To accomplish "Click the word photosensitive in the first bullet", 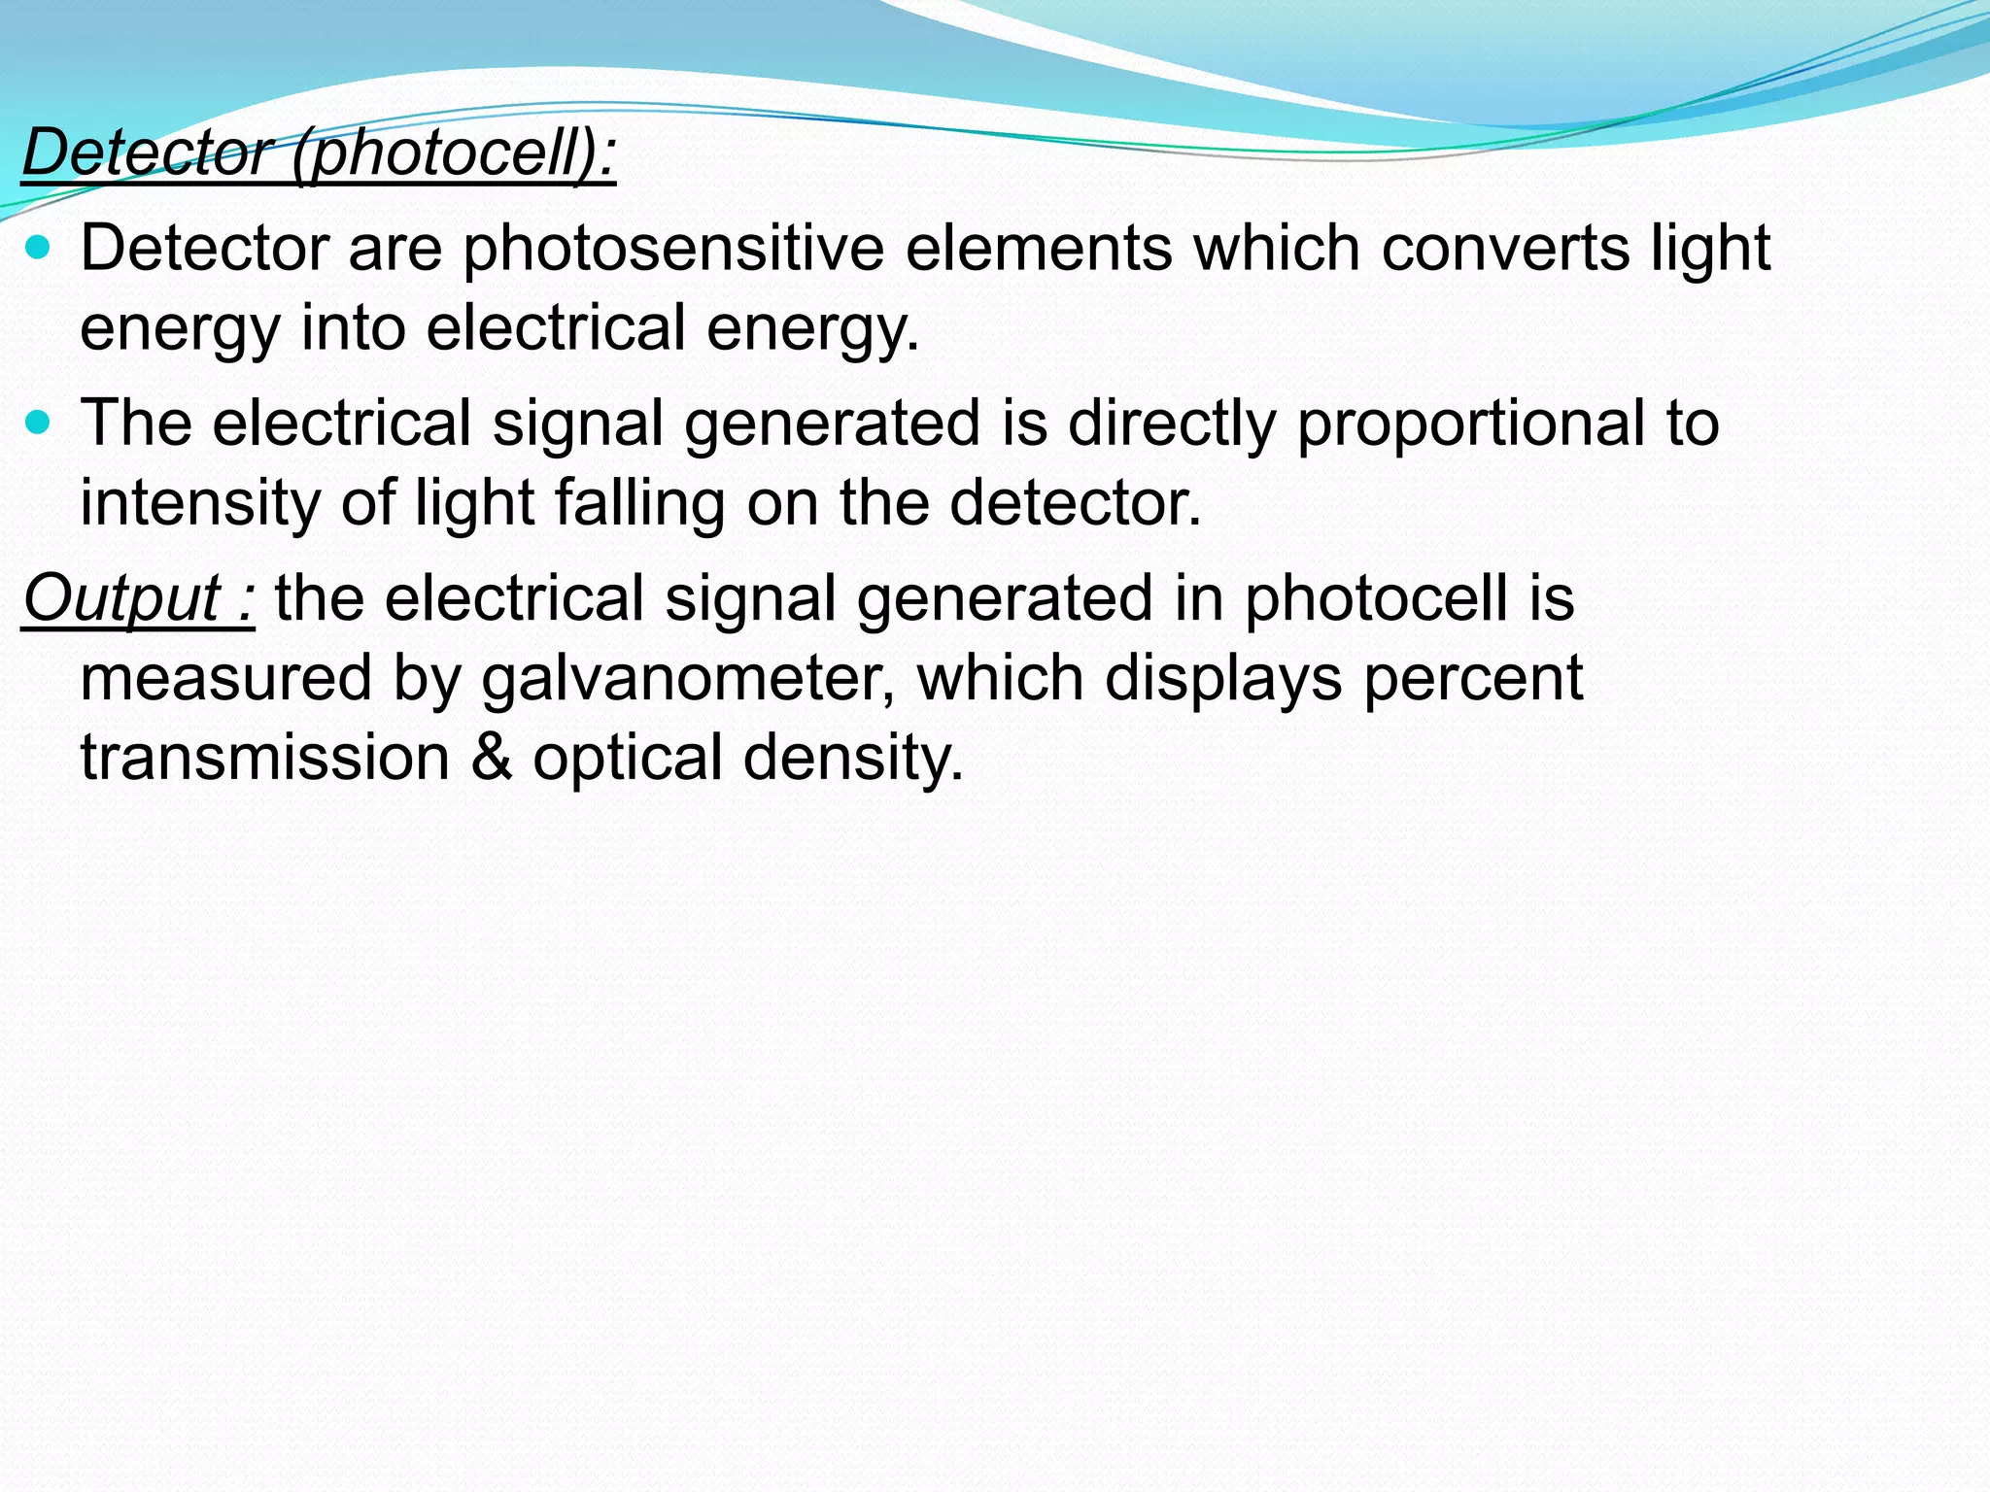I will [672, 249].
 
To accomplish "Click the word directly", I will [1172, 424].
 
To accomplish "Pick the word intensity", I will [199, 503].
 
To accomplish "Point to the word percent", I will [1472, 678].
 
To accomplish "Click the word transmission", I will [265, 757].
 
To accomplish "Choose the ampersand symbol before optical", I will [492, 757].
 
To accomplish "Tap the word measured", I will [226, 678].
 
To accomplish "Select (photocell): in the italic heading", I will [454, 153].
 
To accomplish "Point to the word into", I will [353, 327].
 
